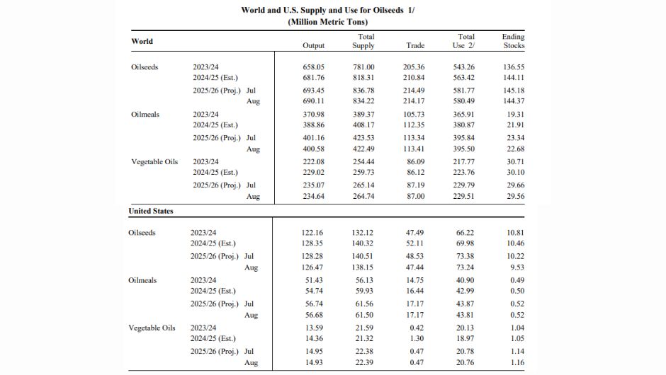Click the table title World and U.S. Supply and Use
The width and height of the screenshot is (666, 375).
click(x=327, y=10)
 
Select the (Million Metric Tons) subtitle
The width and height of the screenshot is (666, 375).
click(x=327, y=22)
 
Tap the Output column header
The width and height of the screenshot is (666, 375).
click(x=313, y=45)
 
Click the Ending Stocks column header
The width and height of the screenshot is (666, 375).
click(x=513, y=41)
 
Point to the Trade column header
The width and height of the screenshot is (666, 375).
click(x=415, y=45)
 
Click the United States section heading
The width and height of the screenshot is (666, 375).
click(x=151, y=211)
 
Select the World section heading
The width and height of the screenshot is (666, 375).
click(x=142, y=41)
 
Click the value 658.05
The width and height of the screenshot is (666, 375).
click(x=313, y=67)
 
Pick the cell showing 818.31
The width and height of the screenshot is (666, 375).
click(x=363, y=78)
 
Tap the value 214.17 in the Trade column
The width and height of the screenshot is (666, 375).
click(x=414, y=101)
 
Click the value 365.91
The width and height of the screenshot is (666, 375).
click(x=463, y=115)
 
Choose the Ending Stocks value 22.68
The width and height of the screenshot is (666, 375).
click(x=515, y=149)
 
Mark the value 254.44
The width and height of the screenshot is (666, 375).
click(x=363, y=161)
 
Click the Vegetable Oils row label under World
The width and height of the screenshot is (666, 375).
click(x=154, y=161)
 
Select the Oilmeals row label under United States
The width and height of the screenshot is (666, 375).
click(x=142, y=280)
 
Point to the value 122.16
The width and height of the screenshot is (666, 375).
click(x=312, y=233)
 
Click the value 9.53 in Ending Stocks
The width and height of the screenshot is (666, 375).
click(x=517, y=267)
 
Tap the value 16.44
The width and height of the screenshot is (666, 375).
click(x=415, y=291)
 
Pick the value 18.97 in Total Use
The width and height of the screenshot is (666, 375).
click(x=465, y=338)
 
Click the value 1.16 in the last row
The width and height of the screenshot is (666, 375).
click(x=517, y=363)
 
